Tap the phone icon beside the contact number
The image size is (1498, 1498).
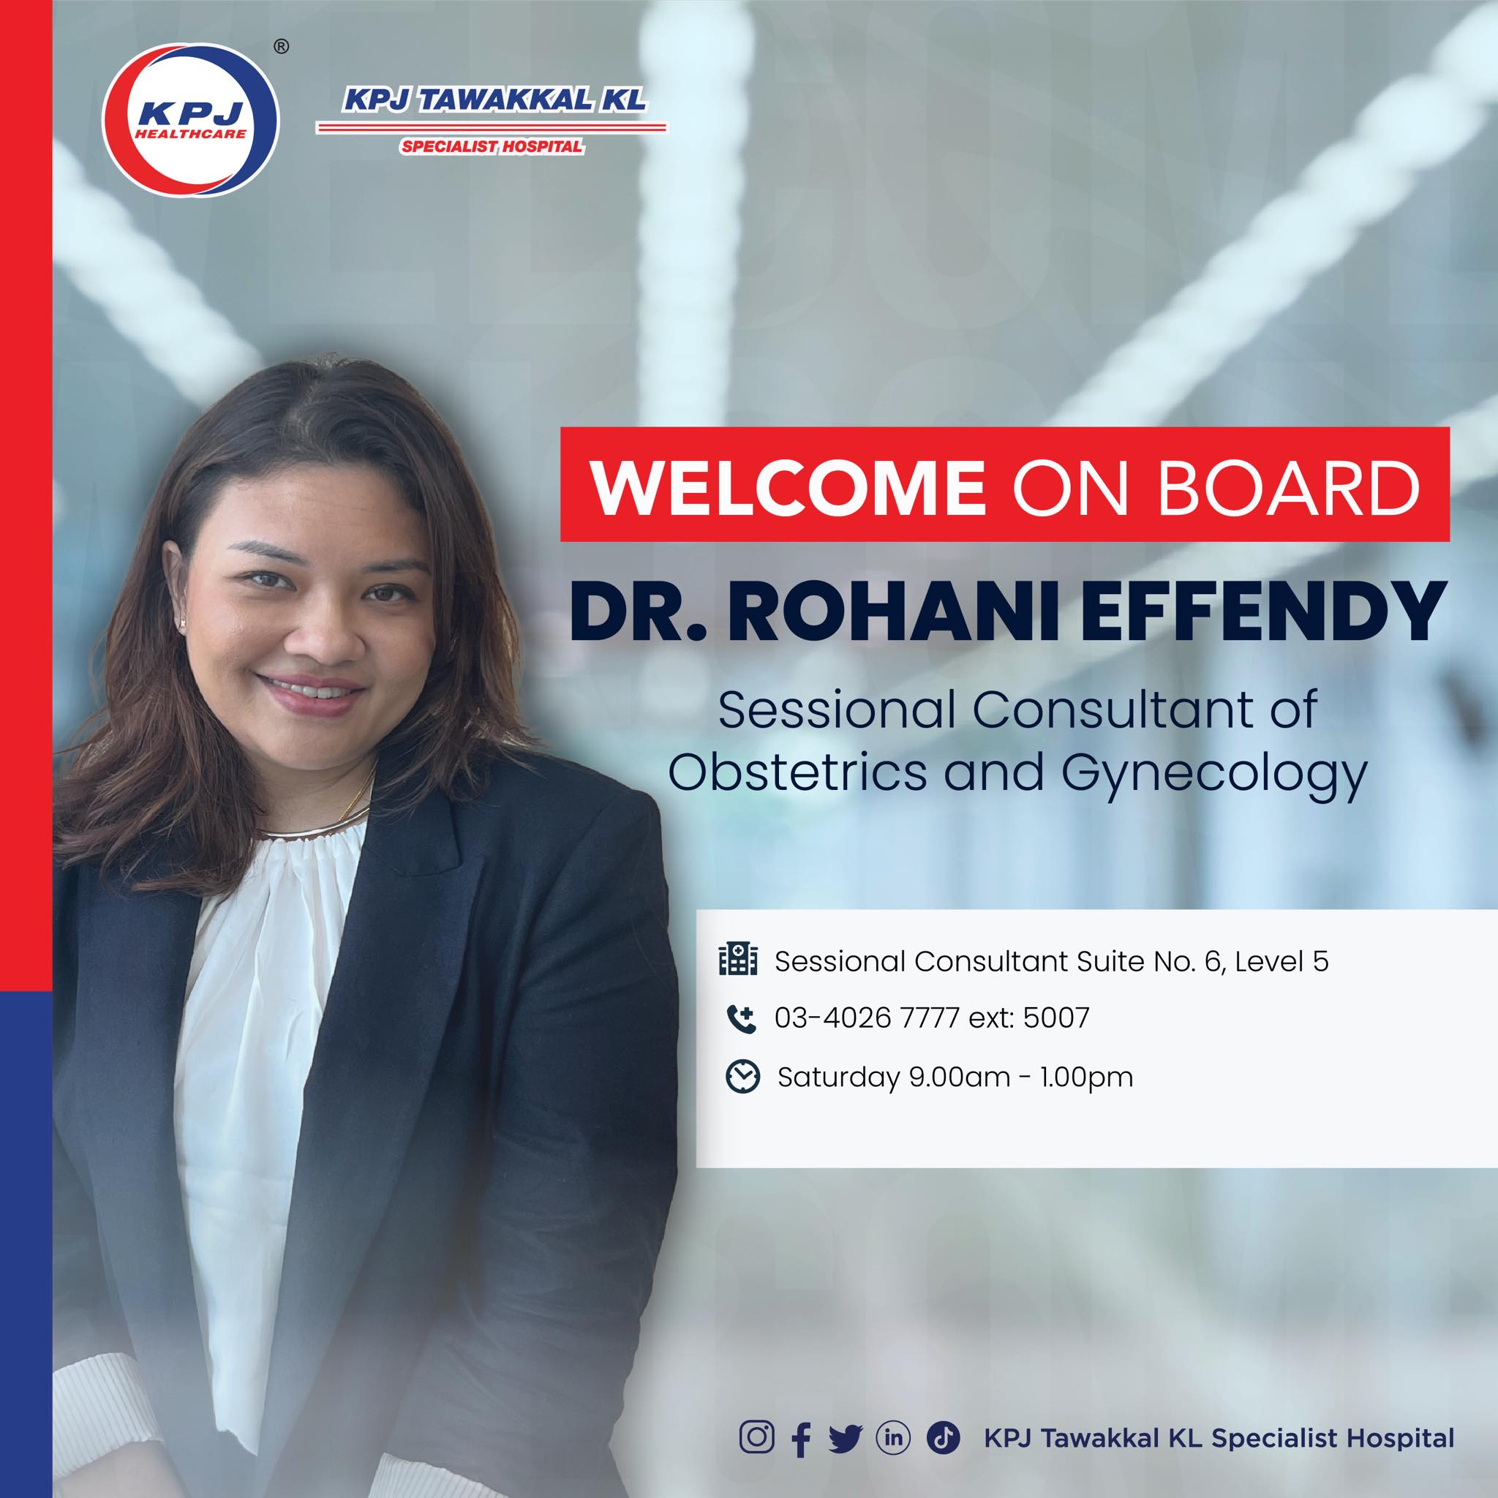[x=740, y=1018]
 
